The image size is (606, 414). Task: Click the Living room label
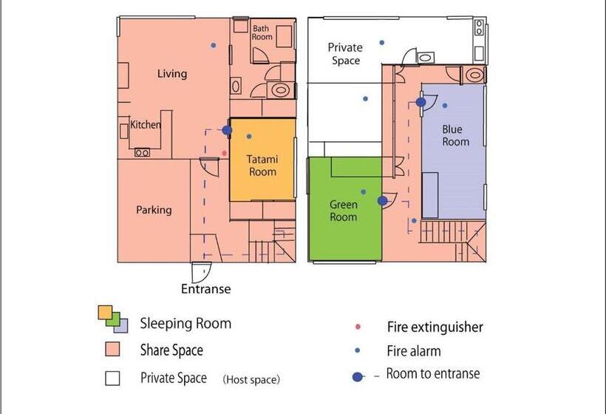172,73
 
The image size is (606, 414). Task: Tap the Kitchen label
146,124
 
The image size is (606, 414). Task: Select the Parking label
154,210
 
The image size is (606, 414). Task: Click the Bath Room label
262,33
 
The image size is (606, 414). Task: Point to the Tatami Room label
262,166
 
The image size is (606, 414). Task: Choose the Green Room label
343,211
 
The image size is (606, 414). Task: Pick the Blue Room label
456,135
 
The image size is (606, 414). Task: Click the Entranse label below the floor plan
206,289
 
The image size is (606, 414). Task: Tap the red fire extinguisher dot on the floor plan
224,153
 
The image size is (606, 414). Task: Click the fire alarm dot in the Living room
214,45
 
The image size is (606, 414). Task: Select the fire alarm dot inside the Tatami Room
249,136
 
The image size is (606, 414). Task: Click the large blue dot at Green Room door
382,200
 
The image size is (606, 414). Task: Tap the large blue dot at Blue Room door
421,102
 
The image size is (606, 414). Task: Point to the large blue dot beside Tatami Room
228,130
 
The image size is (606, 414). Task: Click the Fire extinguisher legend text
435,327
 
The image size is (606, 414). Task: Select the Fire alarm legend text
414,351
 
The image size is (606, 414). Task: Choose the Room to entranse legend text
433,373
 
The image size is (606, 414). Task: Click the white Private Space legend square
112,378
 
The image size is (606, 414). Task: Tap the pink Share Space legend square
112,349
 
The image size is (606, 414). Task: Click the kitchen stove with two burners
142,153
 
